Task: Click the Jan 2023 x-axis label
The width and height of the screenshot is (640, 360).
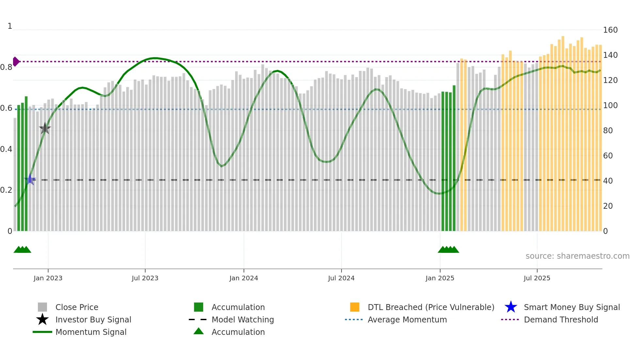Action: (x=48, y=278)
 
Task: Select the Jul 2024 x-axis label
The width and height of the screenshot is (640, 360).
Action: (x=341, y=278)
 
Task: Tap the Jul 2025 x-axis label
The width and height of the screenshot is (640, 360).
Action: (x=537, y=278)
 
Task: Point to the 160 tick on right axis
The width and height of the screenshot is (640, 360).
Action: (x=610, y=30)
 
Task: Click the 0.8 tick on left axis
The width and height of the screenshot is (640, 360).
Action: (x=6, y=67)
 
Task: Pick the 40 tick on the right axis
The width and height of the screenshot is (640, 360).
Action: (x=608, y=181)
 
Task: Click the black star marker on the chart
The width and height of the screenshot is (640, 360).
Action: (x=45, y=128)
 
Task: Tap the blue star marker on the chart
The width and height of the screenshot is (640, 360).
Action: (x=30, y=179)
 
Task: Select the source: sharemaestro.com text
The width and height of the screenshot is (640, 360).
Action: (x=577, y=256)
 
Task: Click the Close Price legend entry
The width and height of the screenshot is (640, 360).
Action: (x=77, y=307)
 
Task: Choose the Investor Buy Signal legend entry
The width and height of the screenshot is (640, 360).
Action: (x=93, y=319)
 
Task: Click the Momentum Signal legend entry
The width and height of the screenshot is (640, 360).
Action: (x=91, y=332)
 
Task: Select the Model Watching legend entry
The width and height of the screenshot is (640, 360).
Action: (x=242, y=319)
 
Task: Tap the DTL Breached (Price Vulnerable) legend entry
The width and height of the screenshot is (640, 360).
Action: (x=431, y=307)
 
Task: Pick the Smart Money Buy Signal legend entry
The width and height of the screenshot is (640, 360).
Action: (x=571, y=307)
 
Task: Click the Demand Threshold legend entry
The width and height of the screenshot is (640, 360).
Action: (x=561, y=319)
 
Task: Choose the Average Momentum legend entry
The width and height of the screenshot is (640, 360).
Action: (x=407, y=319)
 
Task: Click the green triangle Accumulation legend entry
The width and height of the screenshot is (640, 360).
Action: (x=238, y=332)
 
